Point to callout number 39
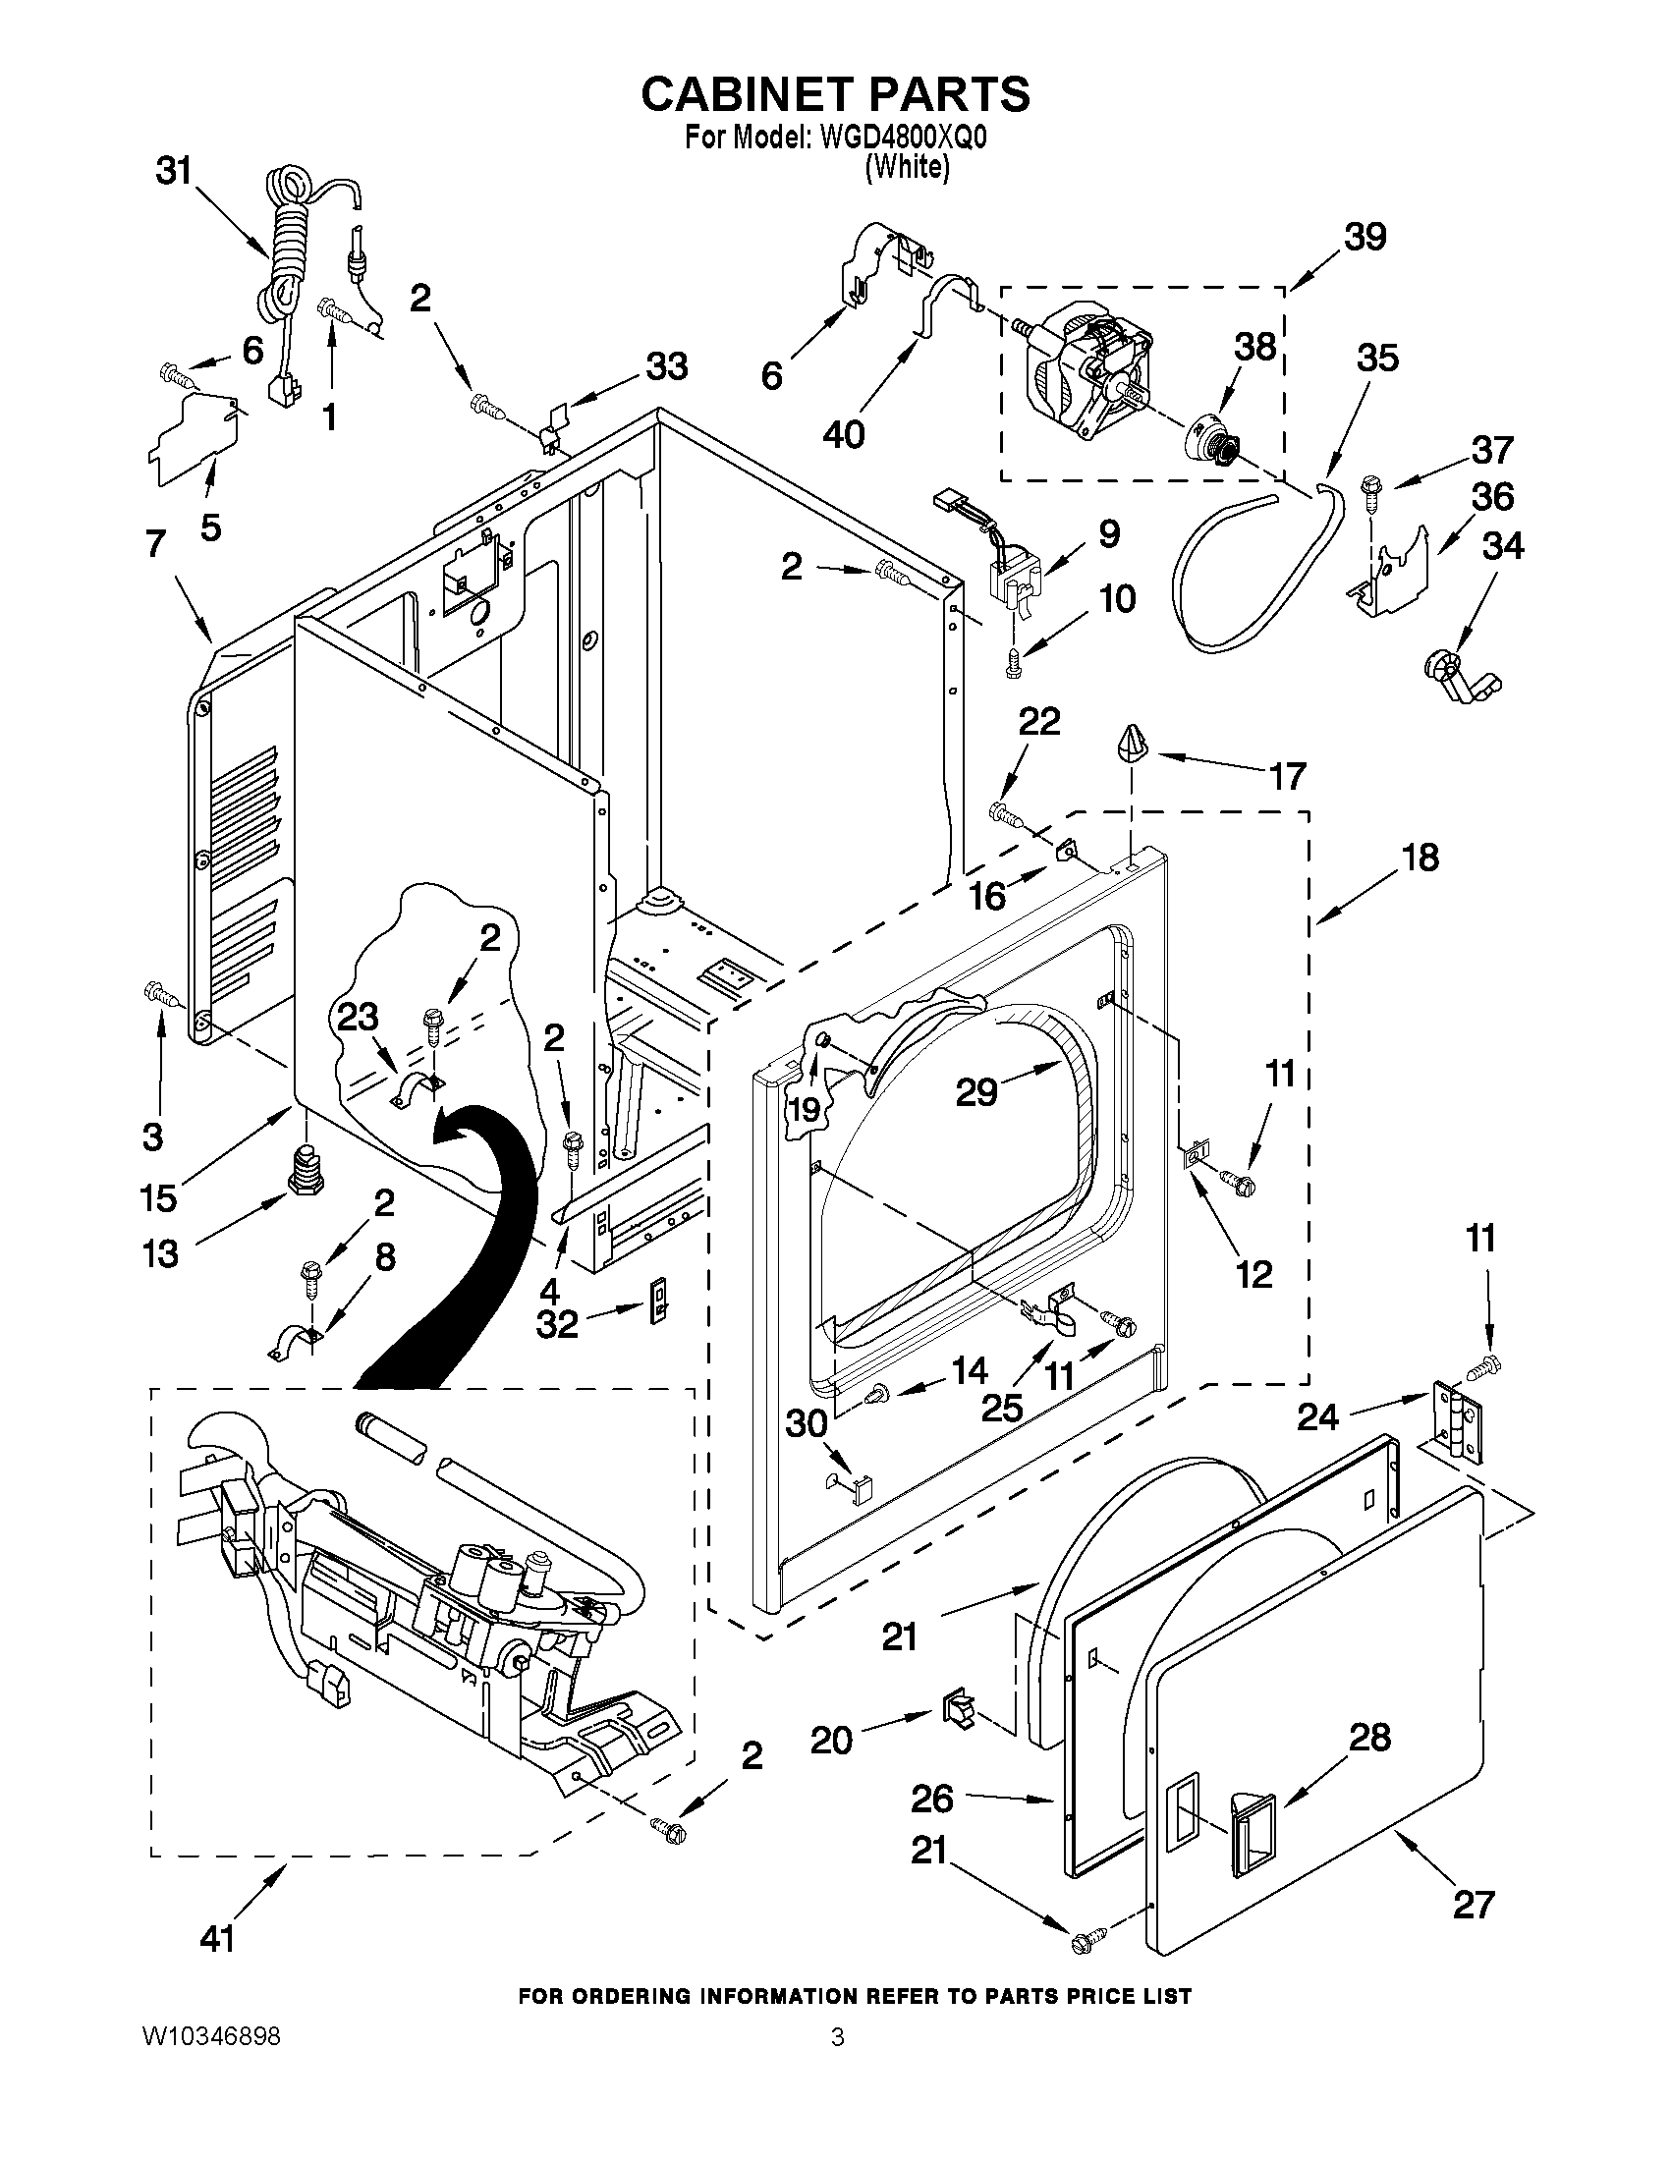[1365, 238]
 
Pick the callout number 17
[1288, 776]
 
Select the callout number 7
[155, 543]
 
